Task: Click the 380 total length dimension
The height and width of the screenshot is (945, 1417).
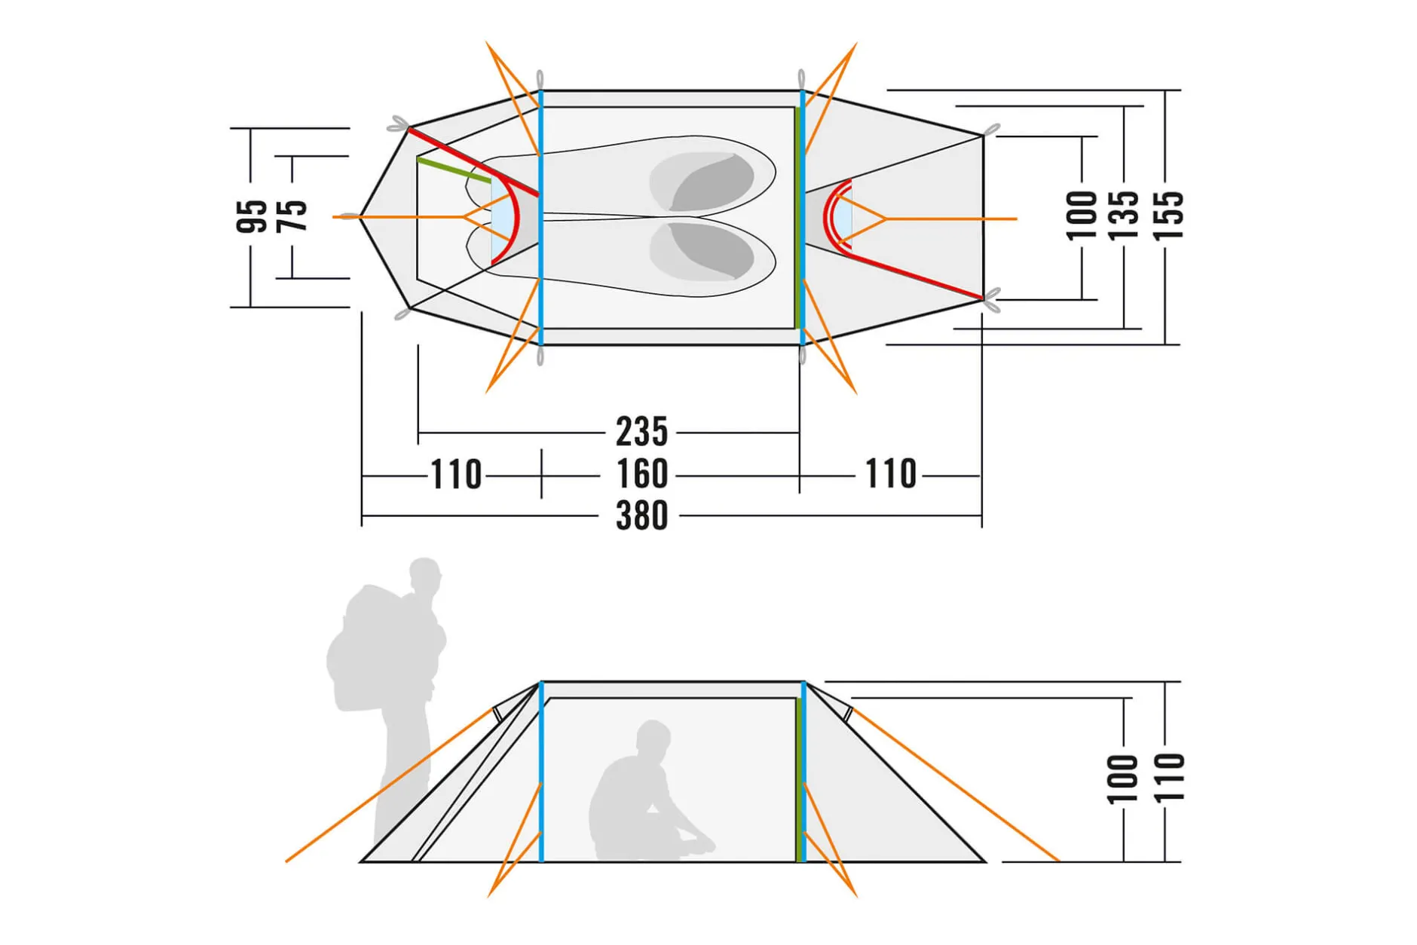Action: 641,515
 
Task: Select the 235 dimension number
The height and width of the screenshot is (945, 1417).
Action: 641,432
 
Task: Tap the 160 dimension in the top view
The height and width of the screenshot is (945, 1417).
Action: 641,474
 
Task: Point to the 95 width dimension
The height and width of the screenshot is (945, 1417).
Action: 252,217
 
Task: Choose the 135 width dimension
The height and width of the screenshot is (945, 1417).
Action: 1124,216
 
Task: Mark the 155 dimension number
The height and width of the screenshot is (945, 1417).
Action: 1168,216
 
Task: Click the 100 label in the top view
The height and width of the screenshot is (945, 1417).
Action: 1082,216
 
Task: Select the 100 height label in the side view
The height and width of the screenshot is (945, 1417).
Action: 1122,779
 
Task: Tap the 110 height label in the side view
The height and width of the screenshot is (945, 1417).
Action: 1168,777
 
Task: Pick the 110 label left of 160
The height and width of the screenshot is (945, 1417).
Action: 455,475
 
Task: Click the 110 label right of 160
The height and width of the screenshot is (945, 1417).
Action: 890,474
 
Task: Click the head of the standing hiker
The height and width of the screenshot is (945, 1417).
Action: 425,576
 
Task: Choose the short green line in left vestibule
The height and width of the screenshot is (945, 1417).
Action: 454,170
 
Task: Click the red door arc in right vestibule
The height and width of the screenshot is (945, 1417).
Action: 832,215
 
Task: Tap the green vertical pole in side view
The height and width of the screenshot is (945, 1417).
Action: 797,779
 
